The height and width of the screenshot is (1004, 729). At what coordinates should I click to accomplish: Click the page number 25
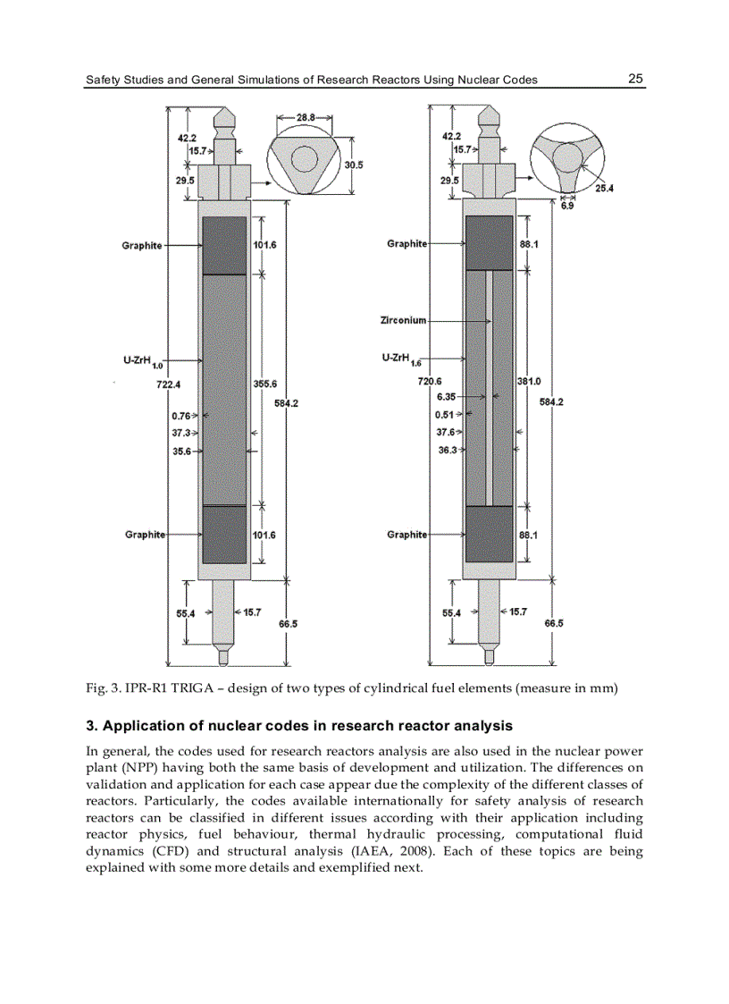635,79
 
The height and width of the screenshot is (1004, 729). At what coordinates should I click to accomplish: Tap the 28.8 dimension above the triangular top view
306,118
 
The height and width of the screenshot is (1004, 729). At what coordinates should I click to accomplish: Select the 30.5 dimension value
354,165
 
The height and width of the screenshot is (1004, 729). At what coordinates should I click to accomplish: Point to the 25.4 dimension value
605,188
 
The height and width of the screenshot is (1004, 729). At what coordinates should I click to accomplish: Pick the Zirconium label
403,320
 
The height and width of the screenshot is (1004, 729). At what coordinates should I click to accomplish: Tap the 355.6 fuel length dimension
264,384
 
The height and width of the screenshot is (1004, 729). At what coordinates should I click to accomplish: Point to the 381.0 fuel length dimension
529,382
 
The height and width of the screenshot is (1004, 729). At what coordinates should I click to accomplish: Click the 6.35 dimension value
447,396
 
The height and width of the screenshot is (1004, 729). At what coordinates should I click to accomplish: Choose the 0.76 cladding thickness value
180,415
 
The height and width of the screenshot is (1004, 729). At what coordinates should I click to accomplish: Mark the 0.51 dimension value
444,415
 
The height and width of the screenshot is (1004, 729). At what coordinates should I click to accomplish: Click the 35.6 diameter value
181,451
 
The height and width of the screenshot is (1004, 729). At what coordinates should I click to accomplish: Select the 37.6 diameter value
446,432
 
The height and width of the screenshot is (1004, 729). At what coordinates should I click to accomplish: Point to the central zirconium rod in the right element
489,384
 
